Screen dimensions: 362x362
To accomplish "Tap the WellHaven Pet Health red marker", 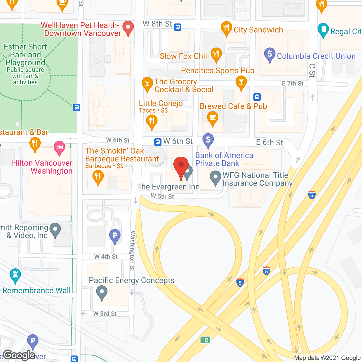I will [128, 28].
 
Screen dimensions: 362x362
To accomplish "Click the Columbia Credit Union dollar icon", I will [270, 54].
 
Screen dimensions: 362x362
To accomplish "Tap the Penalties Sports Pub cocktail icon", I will [241, 82].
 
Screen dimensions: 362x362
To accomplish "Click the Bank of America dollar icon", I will [208, 140].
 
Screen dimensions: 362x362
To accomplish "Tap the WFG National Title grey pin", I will [216, 178].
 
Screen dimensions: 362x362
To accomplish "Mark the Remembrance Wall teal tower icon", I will [15, 275].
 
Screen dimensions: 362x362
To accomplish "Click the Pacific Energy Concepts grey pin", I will [102, 292].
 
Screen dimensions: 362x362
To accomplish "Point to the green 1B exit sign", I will [205, 340].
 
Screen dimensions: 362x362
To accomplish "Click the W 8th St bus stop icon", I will [178, 27].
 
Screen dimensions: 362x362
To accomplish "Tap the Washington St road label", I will [132, 251].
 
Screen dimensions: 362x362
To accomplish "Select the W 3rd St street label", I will [105, 314].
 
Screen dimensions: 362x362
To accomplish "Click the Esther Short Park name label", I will [25, 55].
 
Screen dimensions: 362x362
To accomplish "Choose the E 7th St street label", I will [292, 83].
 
